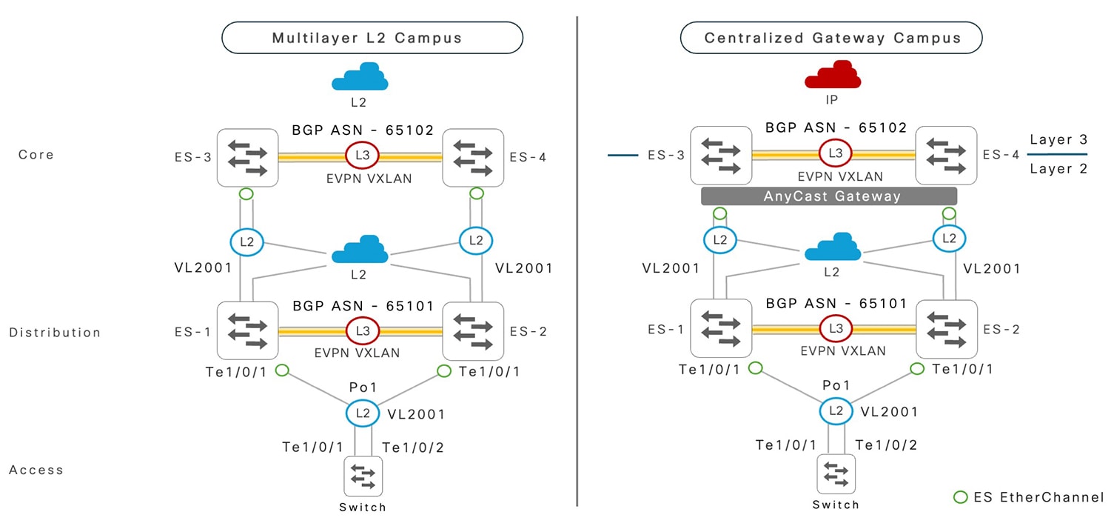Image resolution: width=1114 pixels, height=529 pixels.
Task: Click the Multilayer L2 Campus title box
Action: tap(372, 37)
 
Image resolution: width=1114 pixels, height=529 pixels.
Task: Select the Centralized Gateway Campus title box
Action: tap(831, 37)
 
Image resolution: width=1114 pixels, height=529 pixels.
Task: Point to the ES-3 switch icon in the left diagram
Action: tap(246, 158)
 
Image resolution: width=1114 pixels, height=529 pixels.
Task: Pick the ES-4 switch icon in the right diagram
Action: tap(945, 155)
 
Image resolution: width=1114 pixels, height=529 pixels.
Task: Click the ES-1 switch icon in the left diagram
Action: tap(246, 330)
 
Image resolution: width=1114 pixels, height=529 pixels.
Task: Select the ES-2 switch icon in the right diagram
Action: tap(945, 328)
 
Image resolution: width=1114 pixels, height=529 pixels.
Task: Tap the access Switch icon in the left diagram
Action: tap(363, 476)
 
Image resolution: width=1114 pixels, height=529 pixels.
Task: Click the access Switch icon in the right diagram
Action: tap(836, 474)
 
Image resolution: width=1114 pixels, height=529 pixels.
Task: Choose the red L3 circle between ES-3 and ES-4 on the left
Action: tap(362, 156)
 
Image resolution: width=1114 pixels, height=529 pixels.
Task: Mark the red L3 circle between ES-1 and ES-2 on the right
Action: tap(836, 328)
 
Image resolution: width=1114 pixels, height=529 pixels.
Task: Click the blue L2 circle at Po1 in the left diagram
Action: tap(362, 413)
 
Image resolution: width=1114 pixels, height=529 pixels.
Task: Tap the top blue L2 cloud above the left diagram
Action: tap(359, 76)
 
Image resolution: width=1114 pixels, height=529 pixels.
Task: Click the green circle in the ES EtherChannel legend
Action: tap(960, 497)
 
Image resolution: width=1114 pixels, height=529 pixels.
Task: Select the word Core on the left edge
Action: tap(36, 155)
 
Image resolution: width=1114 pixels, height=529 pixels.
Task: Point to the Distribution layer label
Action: tap(55, 333)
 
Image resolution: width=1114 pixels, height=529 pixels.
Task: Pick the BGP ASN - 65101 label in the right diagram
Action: tap(836, 304)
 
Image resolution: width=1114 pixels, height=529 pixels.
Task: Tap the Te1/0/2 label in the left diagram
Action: tap(412, 447)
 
